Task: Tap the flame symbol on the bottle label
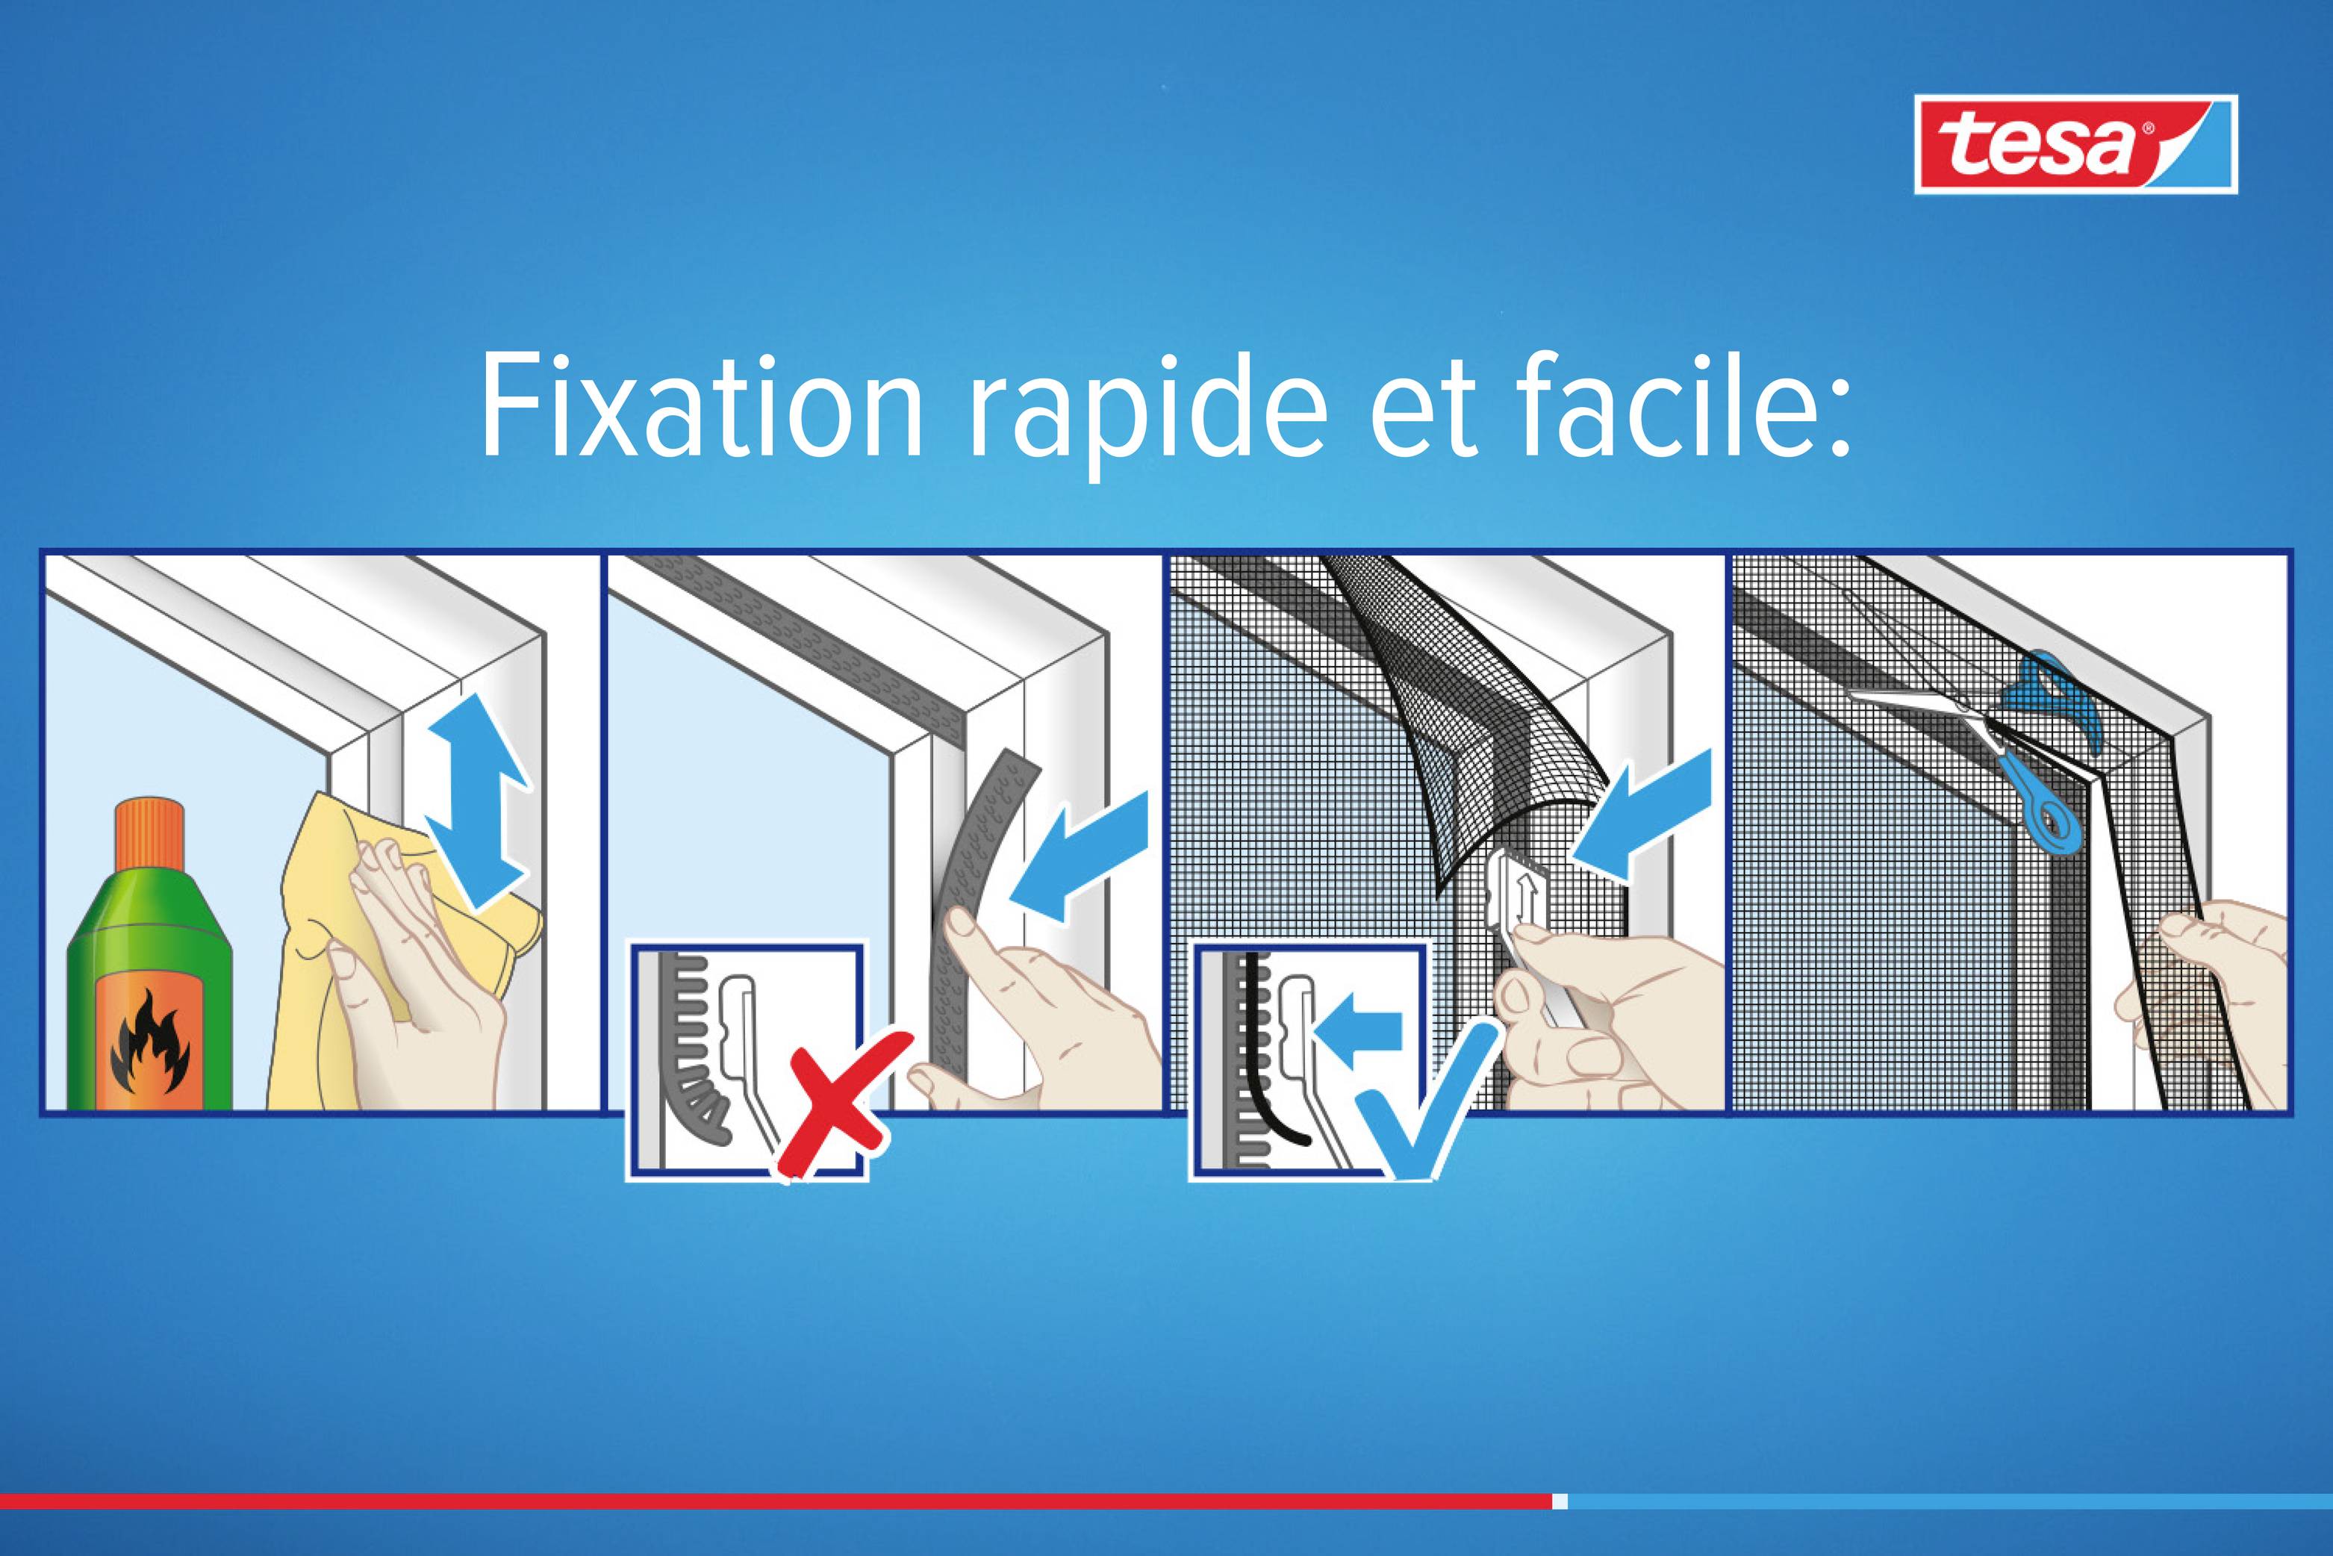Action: [149, 1043]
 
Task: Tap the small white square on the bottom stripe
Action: [1560, 1501]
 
